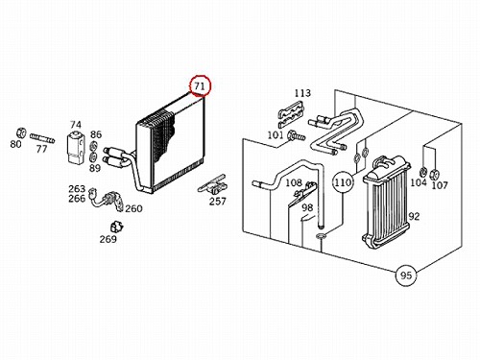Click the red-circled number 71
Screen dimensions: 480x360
200,85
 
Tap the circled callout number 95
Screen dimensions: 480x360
406,276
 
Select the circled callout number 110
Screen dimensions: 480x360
343,182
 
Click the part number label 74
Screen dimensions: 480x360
76,125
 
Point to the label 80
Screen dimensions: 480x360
15,144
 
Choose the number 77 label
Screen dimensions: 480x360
41,149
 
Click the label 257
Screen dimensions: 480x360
218,202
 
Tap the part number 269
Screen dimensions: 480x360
108,239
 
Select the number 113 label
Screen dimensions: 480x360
302,93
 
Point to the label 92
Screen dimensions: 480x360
414,217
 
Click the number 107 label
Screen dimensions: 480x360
440,185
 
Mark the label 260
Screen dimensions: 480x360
133,208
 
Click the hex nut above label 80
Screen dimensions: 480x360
20,132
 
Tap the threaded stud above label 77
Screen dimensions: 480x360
42,138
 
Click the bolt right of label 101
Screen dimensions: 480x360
296,136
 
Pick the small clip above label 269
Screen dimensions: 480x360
116,227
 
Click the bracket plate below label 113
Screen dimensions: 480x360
291,114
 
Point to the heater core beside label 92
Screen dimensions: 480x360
386,204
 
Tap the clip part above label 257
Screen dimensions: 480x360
213,185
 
